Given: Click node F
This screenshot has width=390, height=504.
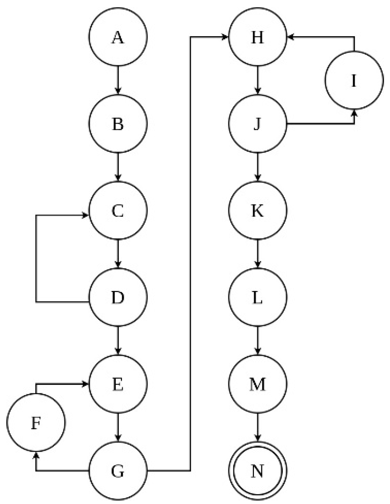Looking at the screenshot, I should (x=36, y=423).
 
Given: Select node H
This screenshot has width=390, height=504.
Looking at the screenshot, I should (x=258, y=37).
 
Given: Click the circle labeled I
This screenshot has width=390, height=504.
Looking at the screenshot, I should (x=354, y=80).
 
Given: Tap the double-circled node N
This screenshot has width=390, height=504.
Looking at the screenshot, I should (x=258, y=471).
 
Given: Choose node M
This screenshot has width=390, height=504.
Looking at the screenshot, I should (x=258, y=384).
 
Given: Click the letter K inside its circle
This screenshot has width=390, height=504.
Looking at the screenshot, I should (x=258, y=210).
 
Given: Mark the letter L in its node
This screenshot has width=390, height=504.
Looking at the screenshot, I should (x=258, y=297).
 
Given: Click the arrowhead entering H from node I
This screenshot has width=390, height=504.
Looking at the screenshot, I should (x=291, y=37).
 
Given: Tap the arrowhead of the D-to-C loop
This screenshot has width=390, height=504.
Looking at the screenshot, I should (x=85, y=215).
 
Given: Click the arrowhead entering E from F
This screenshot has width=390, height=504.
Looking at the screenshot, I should (x=85, y=384).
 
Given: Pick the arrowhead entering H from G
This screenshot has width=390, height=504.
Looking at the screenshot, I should (x=225, y=37).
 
